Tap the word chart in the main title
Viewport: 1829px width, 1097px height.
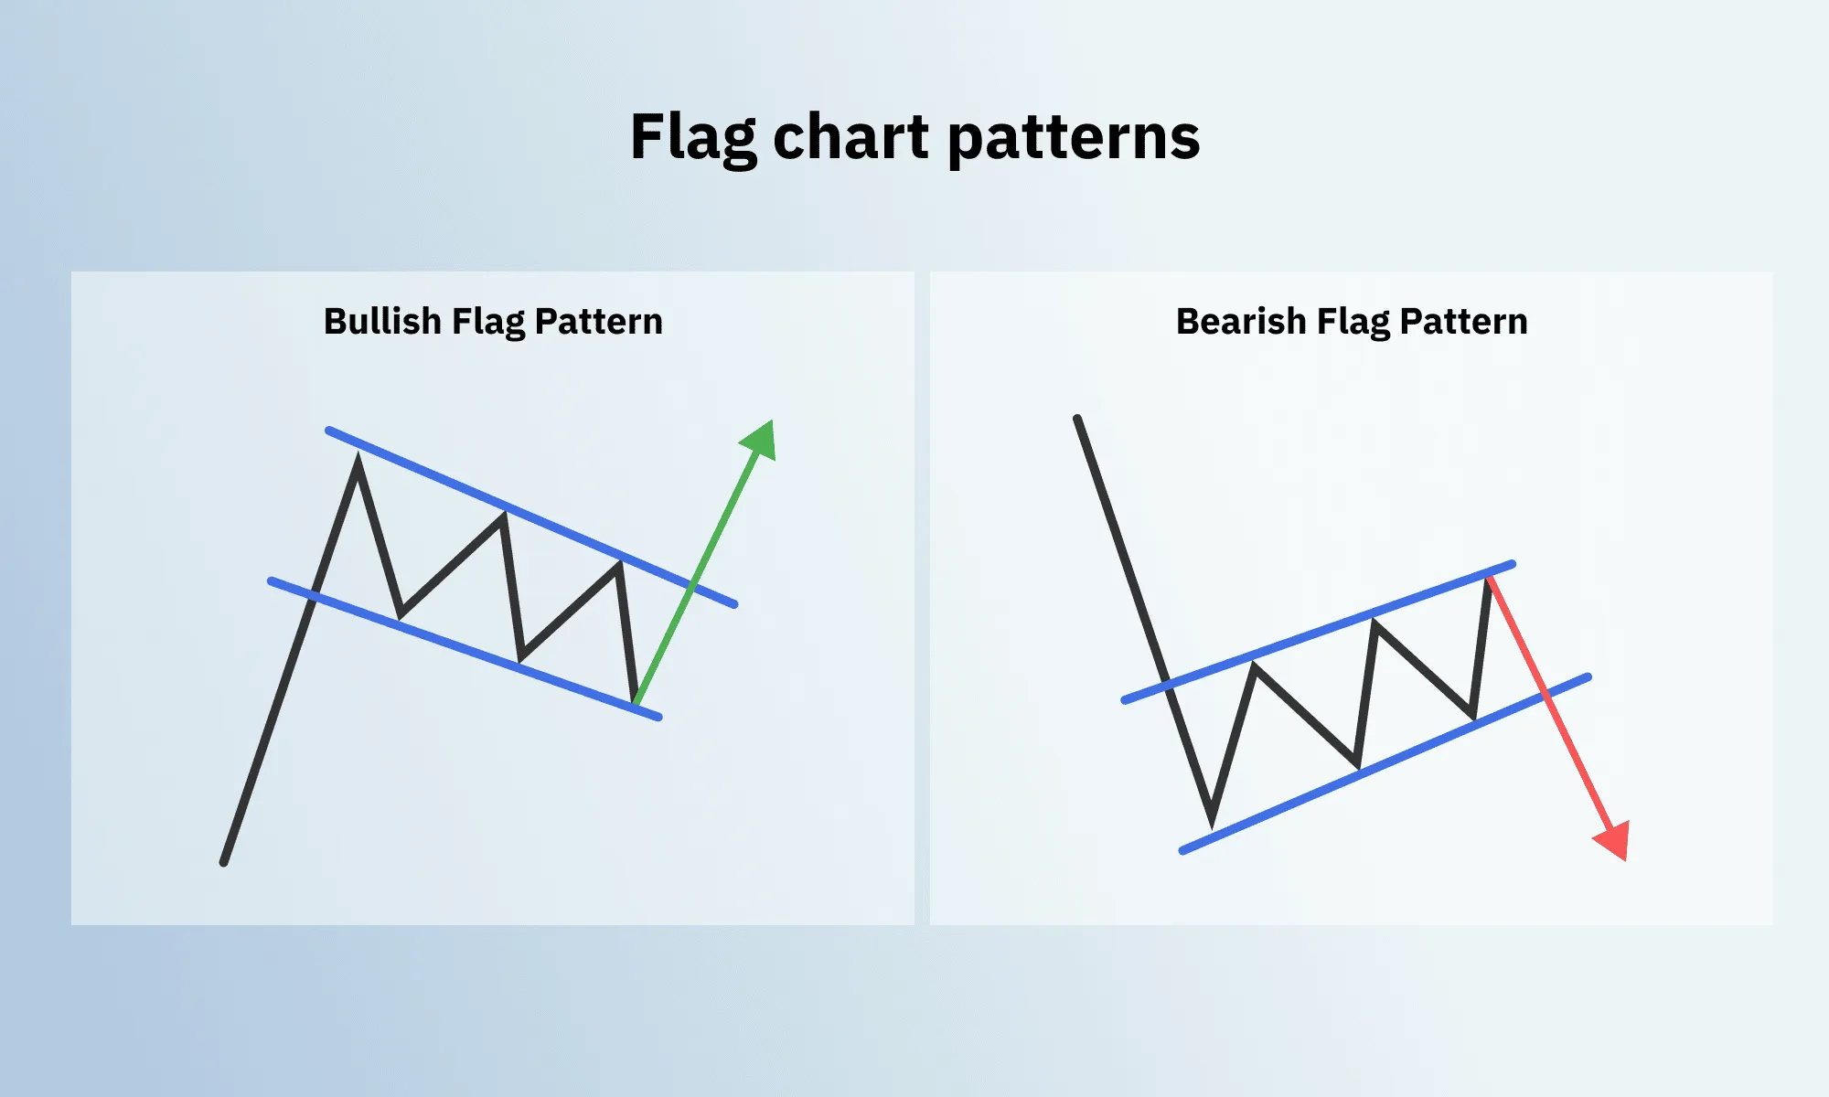(x=850, y=137)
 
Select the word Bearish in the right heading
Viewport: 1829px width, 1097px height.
(x=1240, y=322)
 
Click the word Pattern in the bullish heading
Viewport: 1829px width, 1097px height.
(x=598, y=322)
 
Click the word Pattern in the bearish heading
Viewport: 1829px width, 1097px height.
(x=1463, y=322)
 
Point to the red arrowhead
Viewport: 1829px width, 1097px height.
(x=1615, y=840)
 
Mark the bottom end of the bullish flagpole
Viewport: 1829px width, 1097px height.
(x=224, y=862)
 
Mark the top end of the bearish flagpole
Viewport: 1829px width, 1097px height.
(x=1077, y=419)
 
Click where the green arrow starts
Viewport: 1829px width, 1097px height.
(x=636, y=702)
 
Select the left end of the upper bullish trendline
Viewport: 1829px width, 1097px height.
(x=328, y=430)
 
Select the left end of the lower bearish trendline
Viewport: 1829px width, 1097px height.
(x=1182, y=851)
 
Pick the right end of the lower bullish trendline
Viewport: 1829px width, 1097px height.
(x=658, y=718)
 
